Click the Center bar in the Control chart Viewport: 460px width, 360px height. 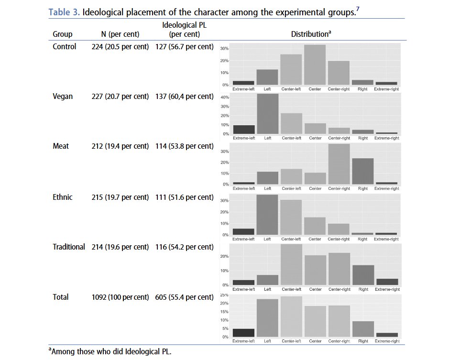coord(315,65)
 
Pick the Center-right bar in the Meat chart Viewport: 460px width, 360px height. coord(339,164)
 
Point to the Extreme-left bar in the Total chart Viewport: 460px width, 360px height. coord(243,333)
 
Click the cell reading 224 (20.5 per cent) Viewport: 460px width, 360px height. coord(120,47)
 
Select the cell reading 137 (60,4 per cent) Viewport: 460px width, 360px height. coord(185,97)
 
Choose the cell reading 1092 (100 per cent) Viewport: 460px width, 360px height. coord(120,297)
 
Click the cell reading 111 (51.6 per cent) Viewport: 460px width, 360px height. coord(185,197)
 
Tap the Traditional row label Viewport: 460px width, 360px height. coord(69,247)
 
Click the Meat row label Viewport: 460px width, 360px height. coord(61,146)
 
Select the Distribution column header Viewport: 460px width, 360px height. coord(311,34)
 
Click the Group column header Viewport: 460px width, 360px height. coord(63,34)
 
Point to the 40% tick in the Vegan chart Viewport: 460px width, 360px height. coord(224,98)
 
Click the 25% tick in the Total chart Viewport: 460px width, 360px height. coord(224,295)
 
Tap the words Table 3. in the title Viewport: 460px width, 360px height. coord(64,12)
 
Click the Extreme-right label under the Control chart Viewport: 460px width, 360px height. coord(387,89)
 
